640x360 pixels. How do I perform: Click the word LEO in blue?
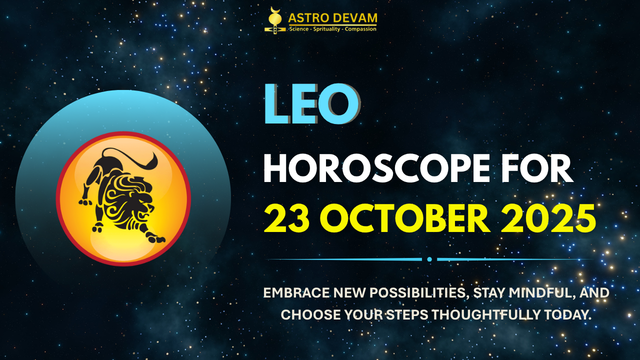(310, 105)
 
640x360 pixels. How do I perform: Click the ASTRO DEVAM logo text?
(332, 19)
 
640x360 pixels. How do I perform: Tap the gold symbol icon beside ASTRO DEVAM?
(273, 20)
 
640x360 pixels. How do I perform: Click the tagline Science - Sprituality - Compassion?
(332, 29)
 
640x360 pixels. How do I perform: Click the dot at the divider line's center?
(429, 259)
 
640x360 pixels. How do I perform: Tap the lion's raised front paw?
(86, 202)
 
